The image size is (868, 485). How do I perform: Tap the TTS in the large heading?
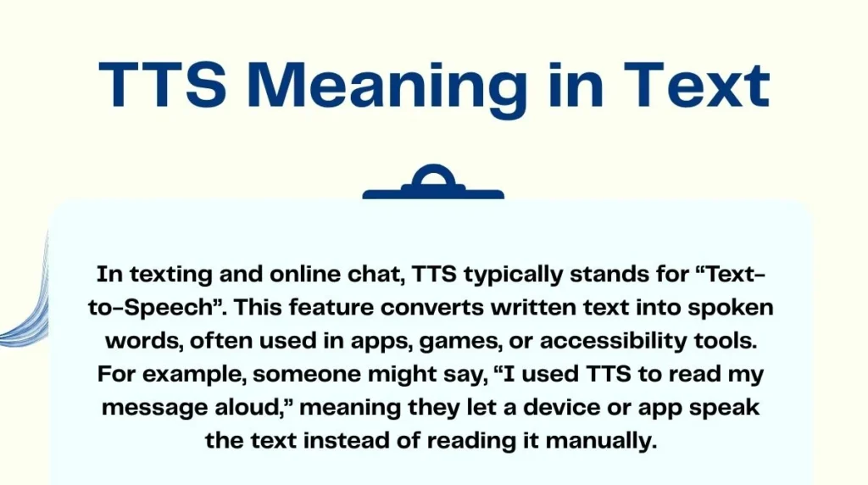[163, 84]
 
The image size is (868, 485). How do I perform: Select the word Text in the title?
[696, 84]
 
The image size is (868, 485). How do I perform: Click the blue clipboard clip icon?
[433, 181]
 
